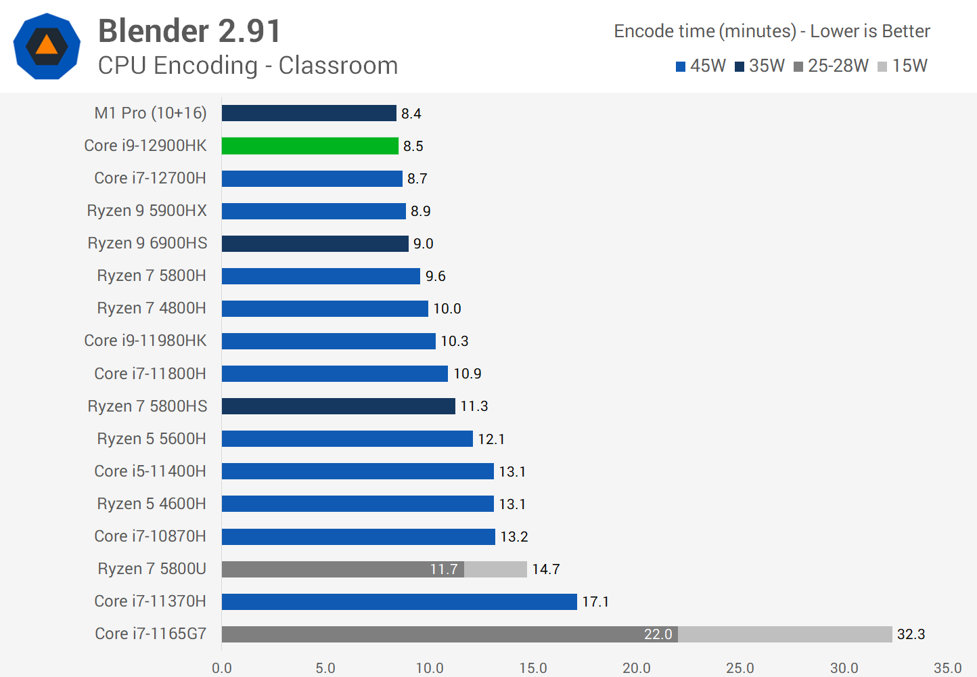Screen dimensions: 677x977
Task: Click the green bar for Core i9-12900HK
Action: pos(310,146)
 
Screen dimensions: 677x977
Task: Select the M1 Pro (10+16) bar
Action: pos(309,113)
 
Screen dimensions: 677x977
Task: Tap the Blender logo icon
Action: pos(47,46)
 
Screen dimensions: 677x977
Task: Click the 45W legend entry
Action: pos(701,66)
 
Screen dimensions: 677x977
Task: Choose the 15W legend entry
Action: pos(903,66)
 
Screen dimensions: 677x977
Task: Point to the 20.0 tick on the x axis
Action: pos(637,668)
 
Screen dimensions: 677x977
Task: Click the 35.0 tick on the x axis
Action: pos(947,668)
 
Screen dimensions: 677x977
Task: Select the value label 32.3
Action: pos(911,634)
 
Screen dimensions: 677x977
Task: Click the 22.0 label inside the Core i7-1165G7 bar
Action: pos(658,634)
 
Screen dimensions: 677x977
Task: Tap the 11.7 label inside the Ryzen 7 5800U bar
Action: pos(444,569)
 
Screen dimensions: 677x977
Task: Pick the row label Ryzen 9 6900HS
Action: pos(147,243)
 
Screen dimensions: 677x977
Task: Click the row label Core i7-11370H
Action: pos(150,601)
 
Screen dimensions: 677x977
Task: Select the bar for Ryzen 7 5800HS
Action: pos(338,406)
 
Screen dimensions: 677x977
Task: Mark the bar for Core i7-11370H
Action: pos(399,602)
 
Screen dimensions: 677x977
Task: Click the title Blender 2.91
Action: pos(189,31)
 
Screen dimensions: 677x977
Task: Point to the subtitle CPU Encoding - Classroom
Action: pos(248,66)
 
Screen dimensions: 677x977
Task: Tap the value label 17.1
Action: pos(595,602)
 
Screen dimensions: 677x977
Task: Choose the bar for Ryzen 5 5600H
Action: pos(347,439)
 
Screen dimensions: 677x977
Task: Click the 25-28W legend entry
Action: pos(832,66)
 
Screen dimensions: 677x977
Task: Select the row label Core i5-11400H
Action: pos(150,471)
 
